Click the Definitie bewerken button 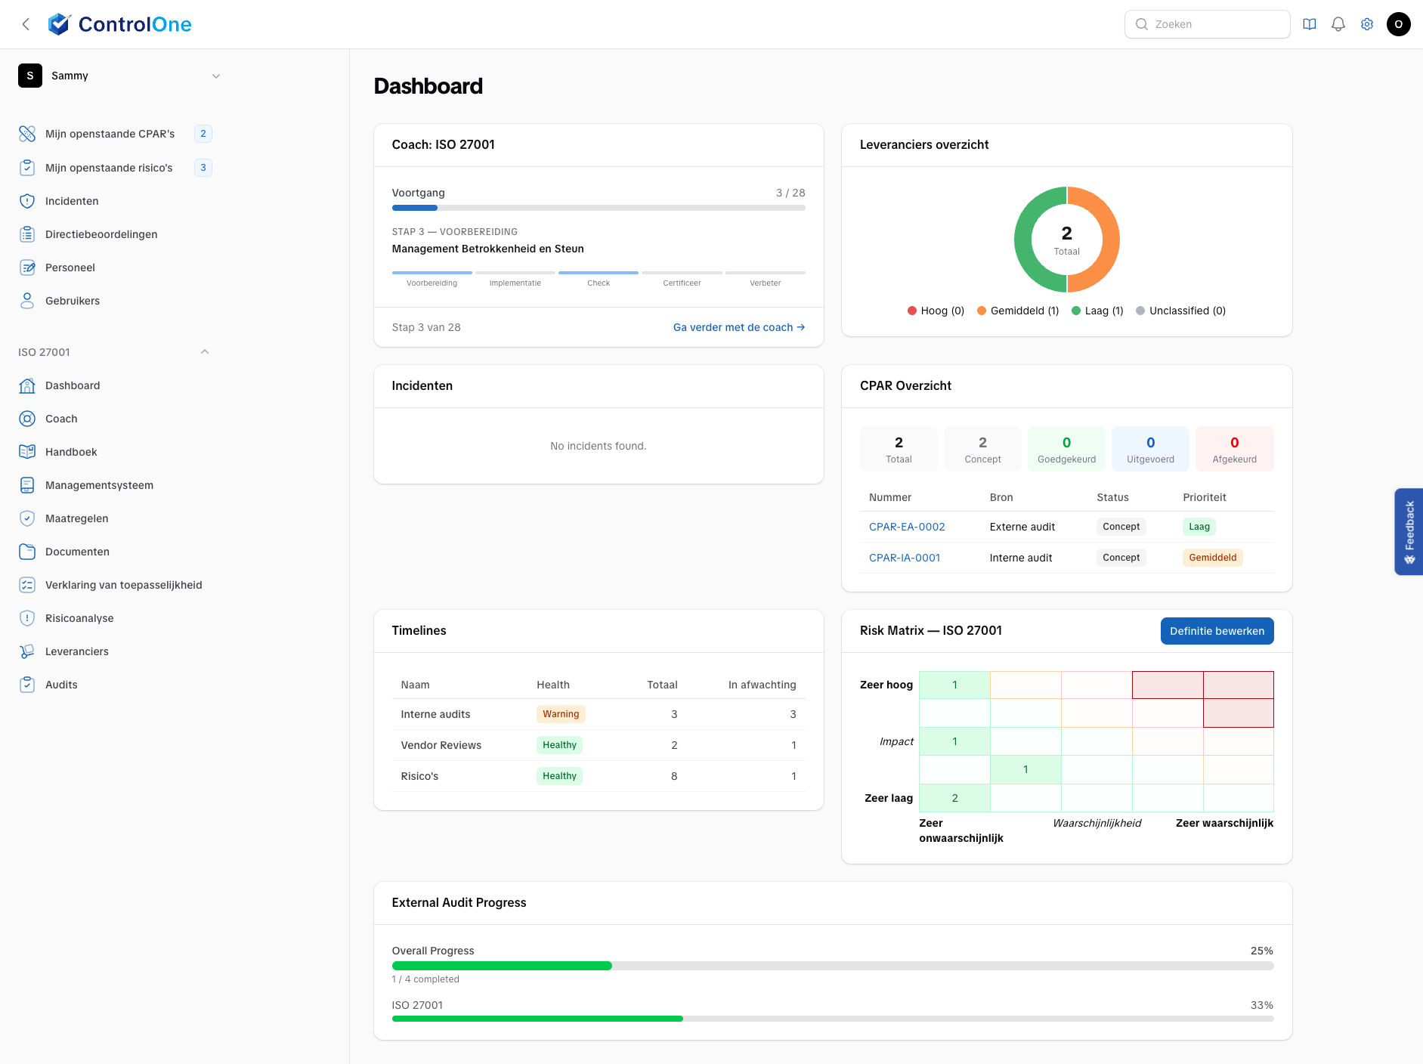(1217, 631)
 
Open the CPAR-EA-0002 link (907, 527)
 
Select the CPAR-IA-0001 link (905, 558)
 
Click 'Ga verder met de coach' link (738, 327)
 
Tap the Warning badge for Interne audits (561, 714)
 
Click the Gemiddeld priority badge (1212, 558)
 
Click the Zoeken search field (1207, 24)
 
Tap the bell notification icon (1338, 24)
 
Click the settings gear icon (1367, 24)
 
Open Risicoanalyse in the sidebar (79, 618)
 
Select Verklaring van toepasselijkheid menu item (123, 585)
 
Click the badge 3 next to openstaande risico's (203, 168)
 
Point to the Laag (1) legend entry (1097, 311)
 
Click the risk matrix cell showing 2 (954, 798)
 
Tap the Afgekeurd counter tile (1234, 449)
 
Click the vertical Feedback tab (1409, 531)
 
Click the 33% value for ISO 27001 (1261, 1005)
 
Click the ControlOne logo (119, 24)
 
